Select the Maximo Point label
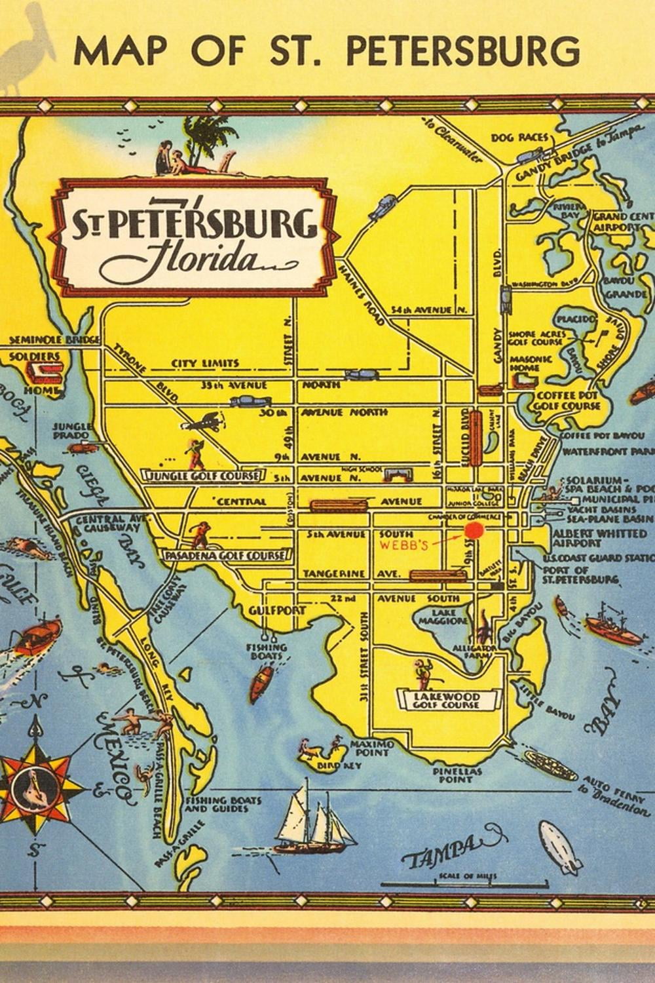pyautogui.click(x=371, y=748)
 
